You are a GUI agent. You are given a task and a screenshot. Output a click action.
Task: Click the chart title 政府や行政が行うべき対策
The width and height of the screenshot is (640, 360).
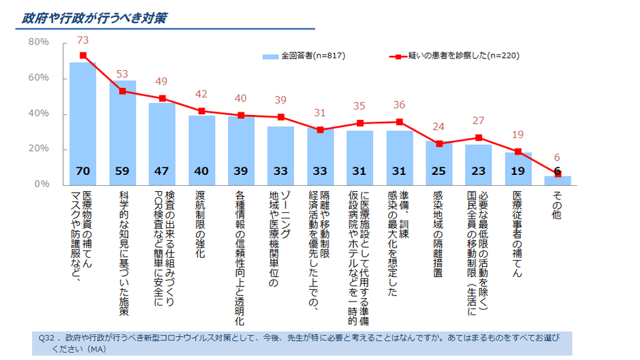tap(95, 18)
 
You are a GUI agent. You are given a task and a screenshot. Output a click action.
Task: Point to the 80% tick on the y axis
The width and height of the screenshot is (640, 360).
tap(38, 42)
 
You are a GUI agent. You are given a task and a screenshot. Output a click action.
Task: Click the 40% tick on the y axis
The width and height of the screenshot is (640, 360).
tap(38, 114)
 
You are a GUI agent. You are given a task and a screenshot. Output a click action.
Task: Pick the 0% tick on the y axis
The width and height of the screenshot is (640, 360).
tap(41, 184)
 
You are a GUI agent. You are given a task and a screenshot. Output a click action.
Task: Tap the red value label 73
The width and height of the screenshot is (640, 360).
tap(83, 40)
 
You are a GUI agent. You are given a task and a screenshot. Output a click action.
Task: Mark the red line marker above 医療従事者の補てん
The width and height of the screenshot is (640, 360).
tap(518, 151)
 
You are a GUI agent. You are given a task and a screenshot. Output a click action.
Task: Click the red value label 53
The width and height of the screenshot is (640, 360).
tap(123, 74)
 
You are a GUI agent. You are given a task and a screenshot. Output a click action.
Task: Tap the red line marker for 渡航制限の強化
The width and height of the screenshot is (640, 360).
tap(202, 111)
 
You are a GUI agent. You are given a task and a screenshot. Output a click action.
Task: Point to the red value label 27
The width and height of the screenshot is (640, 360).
tap(478, 121)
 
